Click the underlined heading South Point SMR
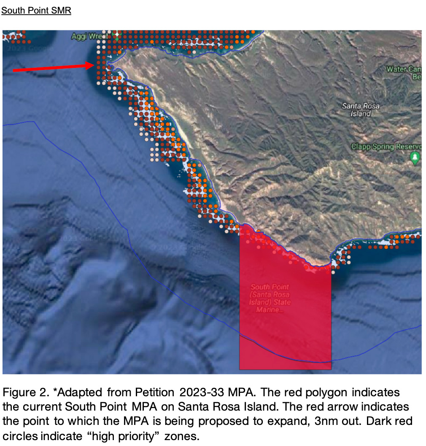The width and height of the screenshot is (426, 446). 36,11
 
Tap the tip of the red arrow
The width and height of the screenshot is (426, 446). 93,64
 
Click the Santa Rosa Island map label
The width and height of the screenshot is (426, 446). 360,110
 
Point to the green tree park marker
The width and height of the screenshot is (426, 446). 415,158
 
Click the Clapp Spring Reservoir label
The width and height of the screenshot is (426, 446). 386,147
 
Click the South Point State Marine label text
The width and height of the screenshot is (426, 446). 270,298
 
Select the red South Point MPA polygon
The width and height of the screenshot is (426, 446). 285,329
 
